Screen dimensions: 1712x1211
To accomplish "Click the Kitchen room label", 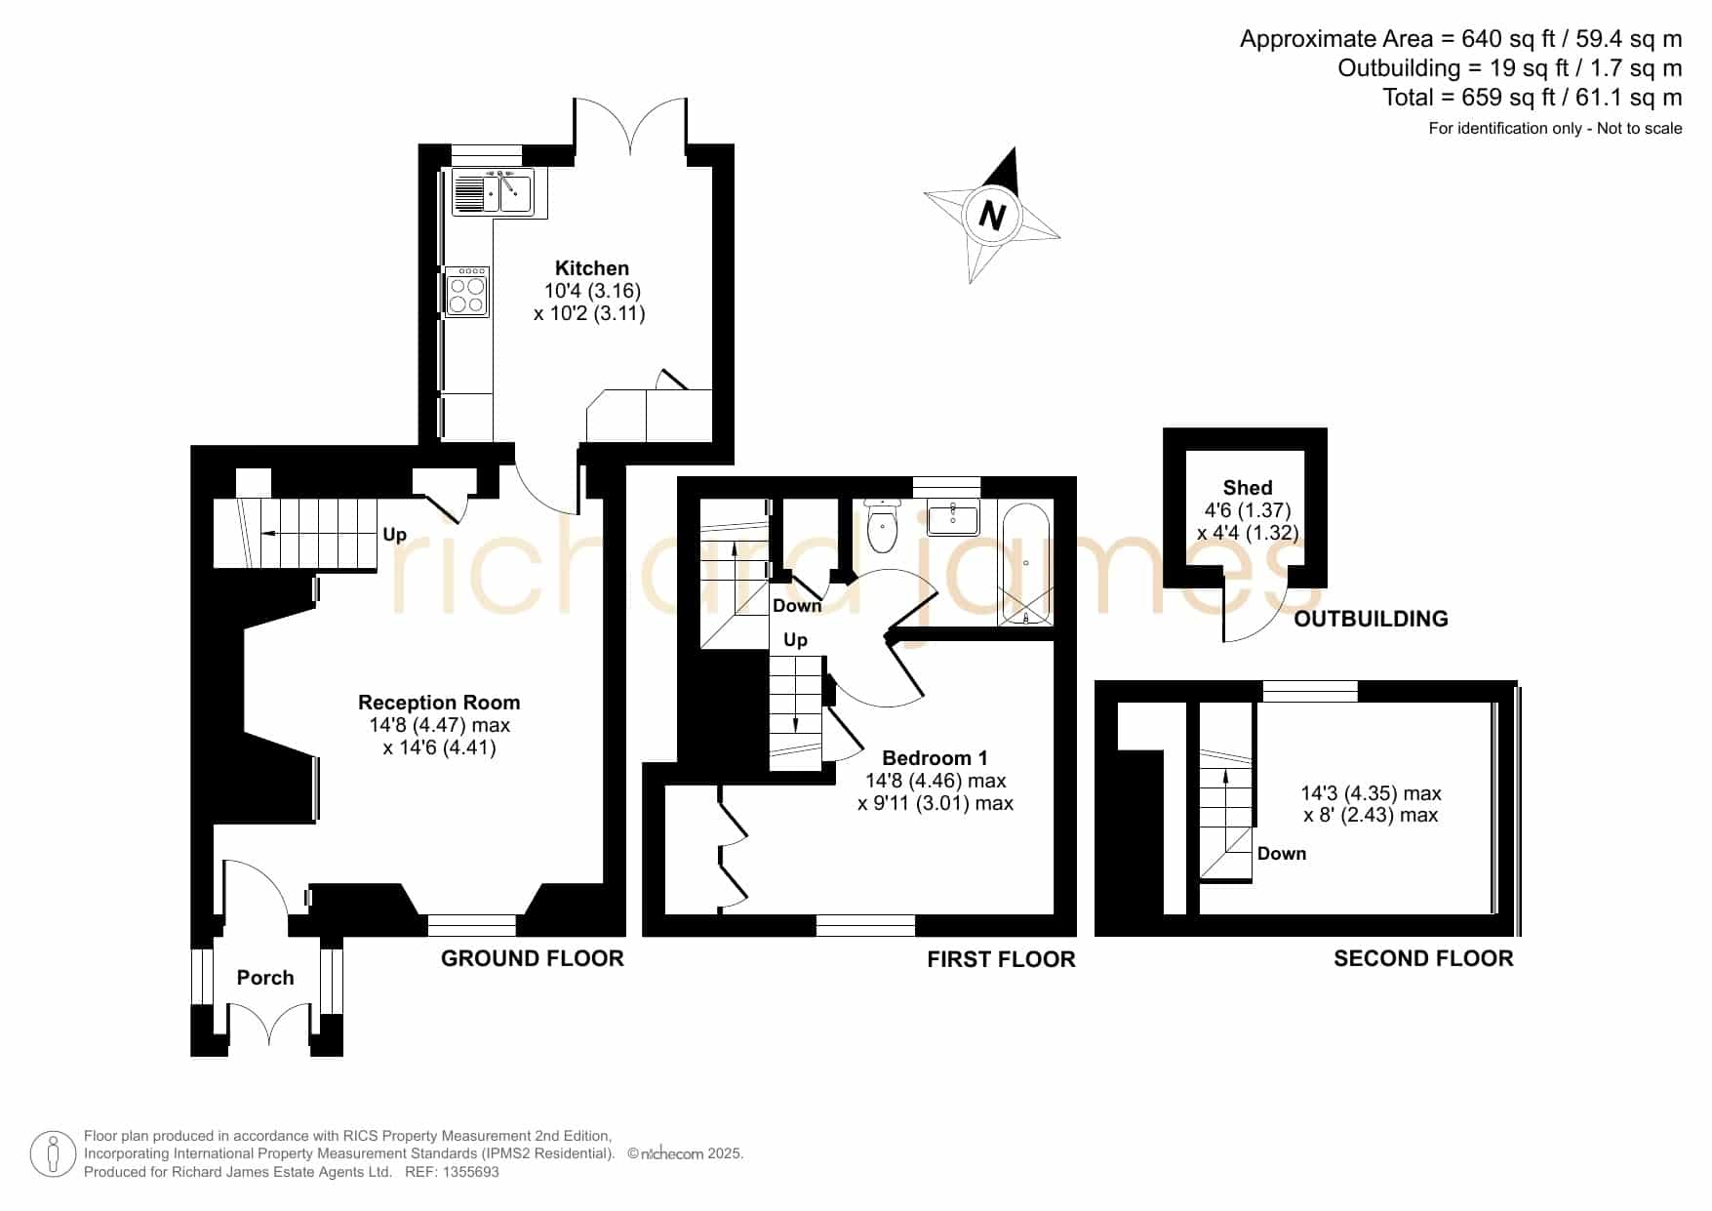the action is [592, 268].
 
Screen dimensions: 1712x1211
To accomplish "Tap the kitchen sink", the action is [492, 192].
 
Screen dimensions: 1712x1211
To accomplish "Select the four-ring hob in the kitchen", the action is [466, 292].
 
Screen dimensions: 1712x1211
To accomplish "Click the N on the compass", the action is [992, 215].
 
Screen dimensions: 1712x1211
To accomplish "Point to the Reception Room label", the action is [439, 703].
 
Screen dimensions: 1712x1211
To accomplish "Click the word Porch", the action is [265, 978].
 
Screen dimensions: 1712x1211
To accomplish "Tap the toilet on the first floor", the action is [882, 526].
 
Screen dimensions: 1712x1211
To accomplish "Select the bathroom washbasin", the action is [953, 517].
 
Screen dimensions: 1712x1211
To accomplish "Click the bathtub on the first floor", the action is [1026, 564].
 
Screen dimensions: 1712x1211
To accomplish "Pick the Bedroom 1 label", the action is [935, 758].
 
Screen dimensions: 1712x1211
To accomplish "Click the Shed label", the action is [1248, 488].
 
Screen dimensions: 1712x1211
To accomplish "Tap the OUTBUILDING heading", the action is [1371, 619].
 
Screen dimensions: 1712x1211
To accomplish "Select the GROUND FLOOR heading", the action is [533, 958].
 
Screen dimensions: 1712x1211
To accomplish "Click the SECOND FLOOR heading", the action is [1423, 958].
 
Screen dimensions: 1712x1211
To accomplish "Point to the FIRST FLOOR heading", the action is [1001, 959].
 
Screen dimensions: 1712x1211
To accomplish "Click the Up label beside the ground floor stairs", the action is [394, 535].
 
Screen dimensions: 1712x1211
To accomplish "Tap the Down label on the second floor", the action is [1282, 854].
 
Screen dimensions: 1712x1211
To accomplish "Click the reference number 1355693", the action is [471, 1172].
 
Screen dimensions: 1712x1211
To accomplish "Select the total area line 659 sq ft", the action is [1533, 98].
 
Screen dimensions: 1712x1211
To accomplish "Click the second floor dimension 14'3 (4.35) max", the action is [1371, 794].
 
